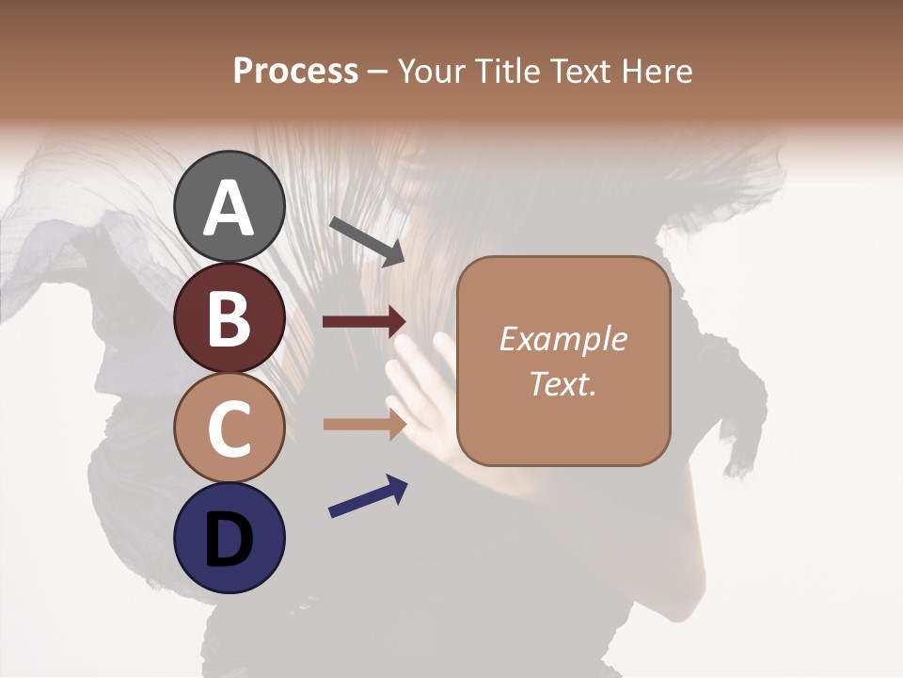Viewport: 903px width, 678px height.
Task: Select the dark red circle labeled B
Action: pos(230,317)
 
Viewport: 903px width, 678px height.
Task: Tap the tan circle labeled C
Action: pos(230,428)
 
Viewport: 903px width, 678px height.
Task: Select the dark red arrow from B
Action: pos(365,322)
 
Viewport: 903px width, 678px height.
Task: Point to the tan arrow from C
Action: pos(365,424)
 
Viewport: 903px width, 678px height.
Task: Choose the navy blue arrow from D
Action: pos(368,497)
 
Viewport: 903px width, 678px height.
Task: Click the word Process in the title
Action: pos(295,71)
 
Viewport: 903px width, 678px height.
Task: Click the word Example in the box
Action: pos(562,339)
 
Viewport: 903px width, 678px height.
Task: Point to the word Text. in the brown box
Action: pos(562,384)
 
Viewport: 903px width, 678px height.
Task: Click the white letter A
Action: pos(230,209)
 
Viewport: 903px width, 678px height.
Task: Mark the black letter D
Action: pos(230,540)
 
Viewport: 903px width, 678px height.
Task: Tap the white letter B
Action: pos(230,319)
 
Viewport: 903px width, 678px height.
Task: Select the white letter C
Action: pos(230,429)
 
